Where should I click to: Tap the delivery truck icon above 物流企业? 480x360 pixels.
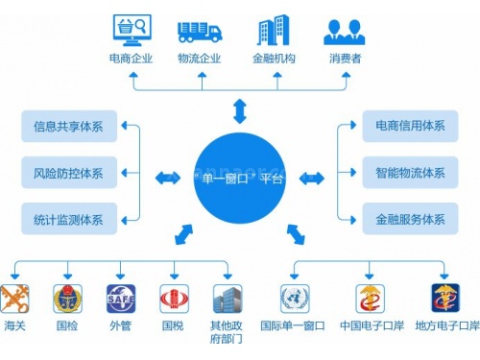pos(199,31)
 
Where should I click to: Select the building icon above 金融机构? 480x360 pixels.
pos(273,30)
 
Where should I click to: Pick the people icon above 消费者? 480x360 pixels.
pos(344,31)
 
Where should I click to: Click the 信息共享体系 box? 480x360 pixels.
pos(68,125)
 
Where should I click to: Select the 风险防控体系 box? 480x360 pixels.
pos(68,174)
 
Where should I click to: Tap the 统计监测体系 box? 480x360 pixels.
pos(68,218)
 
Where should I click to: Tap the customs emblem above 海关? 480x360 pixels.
pos(14,299)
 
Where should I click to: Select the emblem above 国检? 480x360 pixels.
pos(67,299)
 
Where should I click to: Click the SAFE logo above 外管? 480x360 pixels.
pos(120,299)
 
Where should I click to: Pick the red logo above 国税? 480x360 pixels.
pos(173,299)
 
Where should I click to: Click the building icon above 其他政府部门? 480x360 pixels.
pos(227,299)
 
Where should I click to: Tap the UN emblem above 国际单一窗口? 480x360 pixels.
pos(294,299)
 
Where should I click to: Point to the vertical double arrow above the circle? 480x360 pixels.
pos(239,111)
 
